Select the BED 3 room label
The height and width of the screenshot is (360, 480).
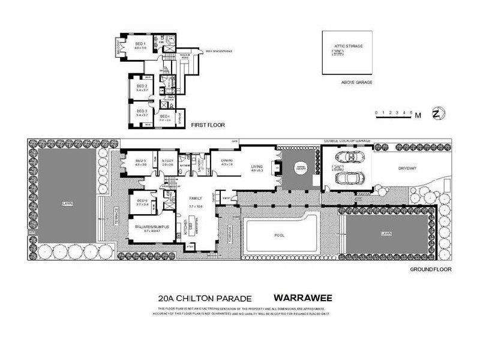point(141,111)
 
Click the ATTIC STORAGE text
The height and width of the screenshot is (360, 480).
point(349,46)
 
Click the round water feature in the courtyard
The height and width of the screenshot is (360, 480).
point(300,169)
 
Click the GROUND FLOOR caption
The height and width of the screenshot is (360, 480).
point(430,269)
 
